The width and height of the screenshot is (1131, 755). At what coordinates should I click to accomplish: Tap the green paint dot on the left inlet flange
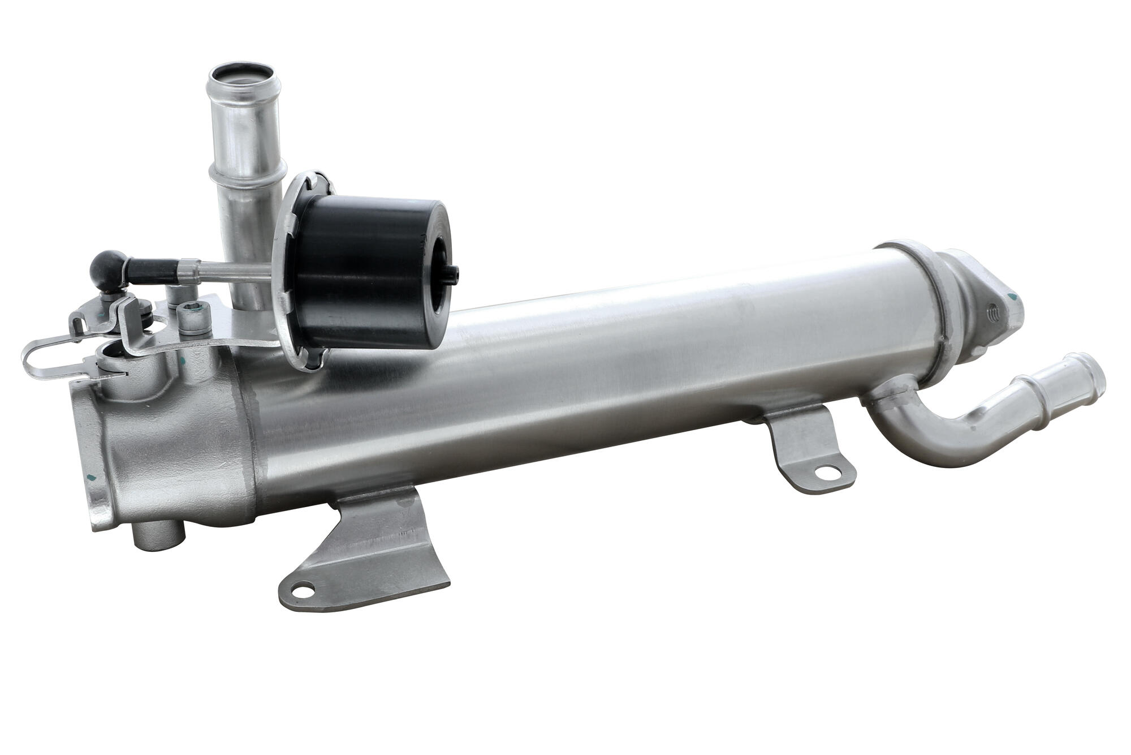pos(91,476)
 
